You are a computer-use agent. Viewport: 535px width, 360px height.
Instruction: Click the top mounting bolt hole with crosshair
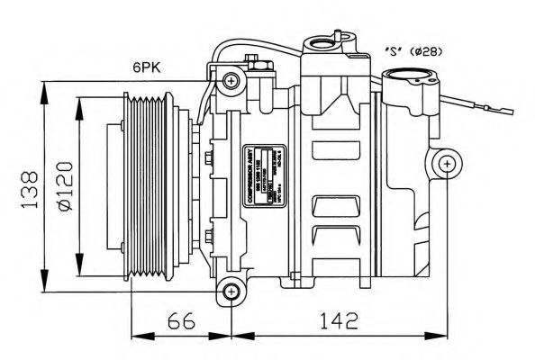(232, 83)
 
